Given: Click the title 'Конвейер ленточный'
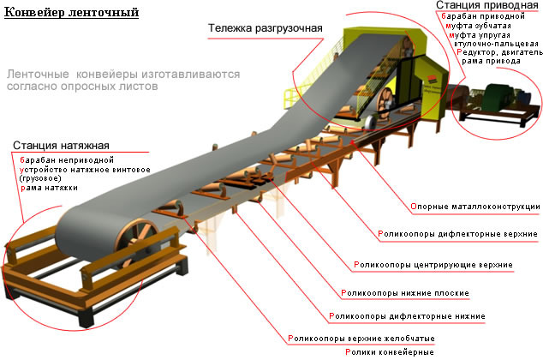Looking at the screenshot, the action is click(71, 13).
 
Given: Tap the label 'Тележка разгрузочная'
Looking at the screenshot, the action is click(266, 28).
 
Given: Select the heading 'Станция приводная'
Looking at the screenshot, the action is click(486, 5).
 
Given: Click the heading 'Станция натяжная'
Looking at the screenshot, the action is click(61, 146).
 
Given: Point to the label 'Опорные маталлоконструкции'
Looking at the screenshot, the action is click(475, 207).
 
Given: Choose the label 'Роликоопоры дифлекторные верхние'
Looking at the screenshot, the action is click(457, 234).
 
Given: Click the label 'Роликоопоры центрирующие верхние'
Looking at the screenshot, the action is click(433, 265).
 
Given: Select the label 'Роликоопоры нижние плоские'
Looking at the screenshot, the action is click(405, 293).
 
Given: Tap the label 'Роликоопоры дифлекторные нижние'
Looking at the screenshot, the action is click(407, 316).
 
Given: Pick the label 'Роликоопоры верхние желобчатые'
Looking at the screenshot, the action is click(361, 339).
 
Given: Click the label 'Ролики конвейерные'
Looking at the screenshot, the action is click(390, 352).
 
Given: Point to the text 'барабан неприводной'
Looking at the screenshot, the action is click(67, 160).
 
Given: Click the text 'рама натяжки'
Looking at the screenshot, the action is click(49, 188).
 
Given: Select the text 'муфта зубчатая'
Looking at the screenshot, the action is click(478, 26).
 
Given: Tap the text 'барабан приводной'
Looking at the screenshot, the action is click(483, 16).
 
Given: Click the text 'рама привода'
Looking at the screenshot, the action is click(491, 62).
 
